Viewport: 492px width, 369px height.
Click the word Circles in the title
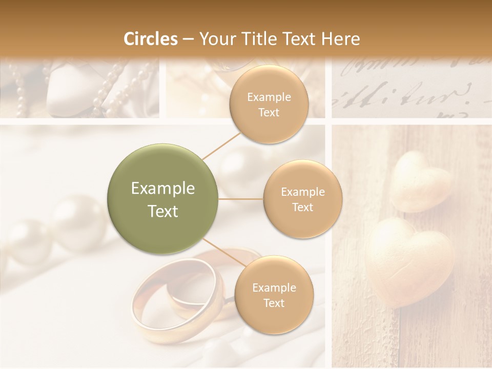click(x=151, y=39)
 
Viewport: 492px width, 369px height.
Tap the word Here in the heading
click(x=340, y=39)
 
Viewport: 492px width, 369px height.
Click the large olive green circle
click(x=163, y=199)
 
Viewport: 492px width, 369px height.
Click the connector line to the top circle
click(x=221, y=146)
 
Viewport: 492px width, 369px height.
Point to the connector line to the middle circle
click(x=241, y=199)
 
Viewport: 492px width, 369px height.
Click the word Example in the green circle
click(x=163, y=189)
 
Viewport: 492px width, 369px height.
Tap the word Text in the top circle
click(x=269, y=113)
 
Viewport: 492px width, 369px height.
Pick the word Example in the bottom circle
click(x=274, y=288)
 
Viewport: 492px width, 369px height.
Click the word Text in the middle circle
click(x=302, y=208)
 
